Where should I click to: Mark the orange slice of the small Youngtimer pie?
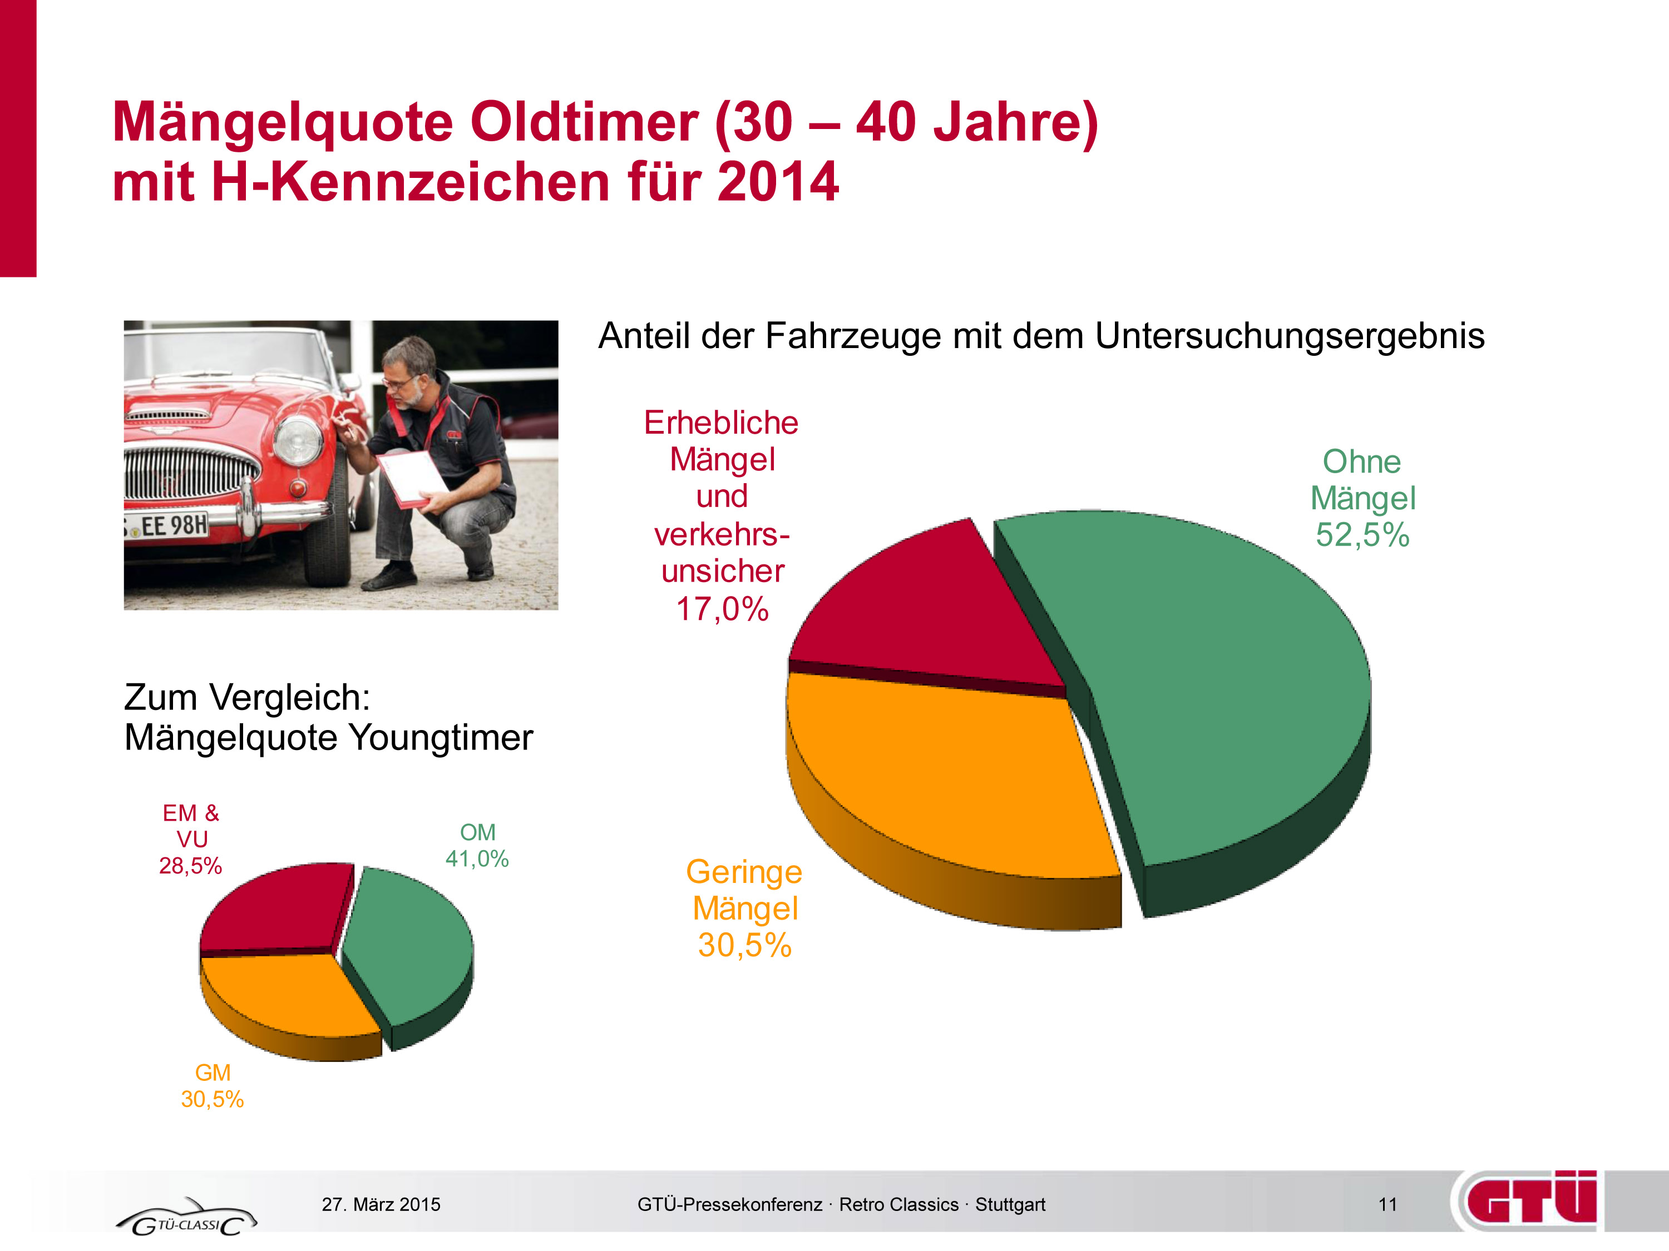click(287, 995)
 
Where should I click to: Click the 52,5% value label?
click(1362, 535)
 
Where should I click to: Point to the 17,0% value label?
click(722, 609)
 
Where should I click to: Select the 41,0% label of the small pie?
click(477, 859)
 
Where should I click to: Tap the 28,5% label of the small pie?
click(190, 866)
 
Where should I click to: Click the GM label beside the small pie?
click(213, 1073)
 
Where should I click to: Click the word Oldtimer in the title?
click(585, 122)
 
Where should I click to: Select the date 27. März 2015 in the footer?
click(381, 1204)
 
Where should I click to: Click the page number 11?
click(1387, 1204)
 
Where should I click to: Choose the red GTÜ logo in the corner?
click(1532, 1200)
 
